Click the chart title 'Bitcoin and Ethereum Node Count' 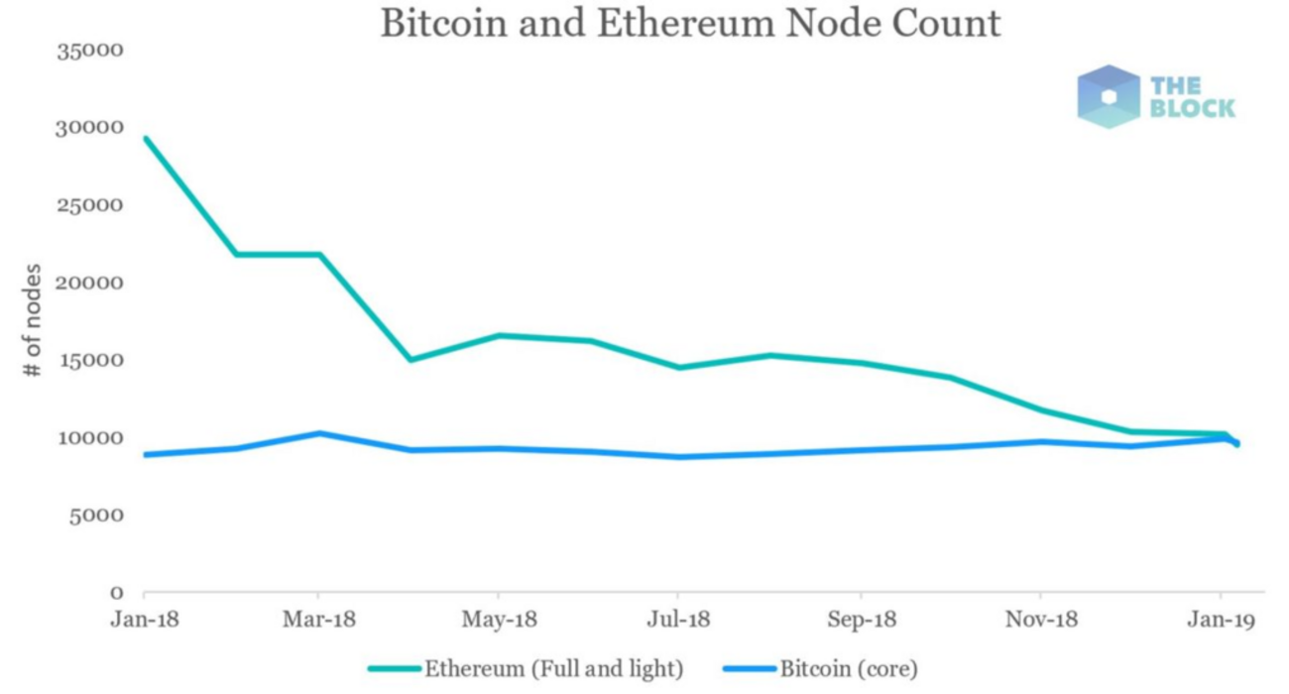[690, 24]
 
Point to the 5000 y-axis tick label [97, 516]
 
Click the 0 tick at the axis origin [116, 593]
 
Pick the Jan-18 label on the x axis [144, 620]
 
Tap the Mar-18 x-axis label [318, 620]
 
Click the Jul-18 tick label [679, 620]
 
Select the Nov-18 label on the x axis [1040, 620]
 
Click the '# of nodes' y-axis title [34, 319]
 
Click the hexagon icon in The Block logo [1109, 96]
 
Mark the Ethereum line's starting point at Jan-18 [145, 139]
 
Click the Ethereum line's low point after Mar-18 [410, 360]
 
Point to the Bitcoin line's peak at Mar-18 [318, 433]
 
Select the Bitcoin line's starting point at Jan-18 [145, 455]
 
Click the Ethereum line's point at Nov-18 [1040, 410]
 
